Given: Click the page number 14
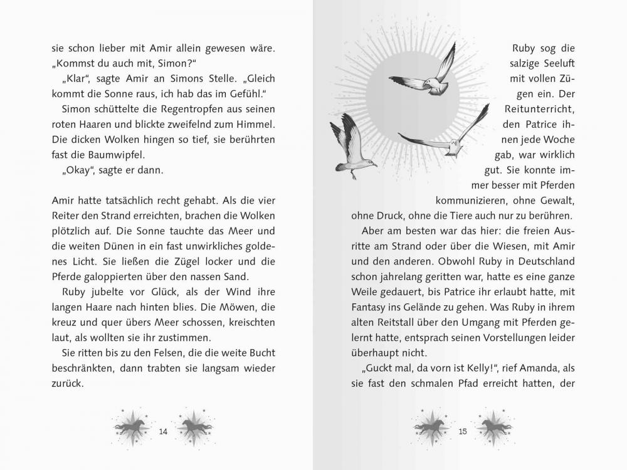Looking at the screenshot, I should [x=163, y=431].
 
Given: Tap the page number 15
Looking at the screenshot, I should [x=463, y=431].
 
